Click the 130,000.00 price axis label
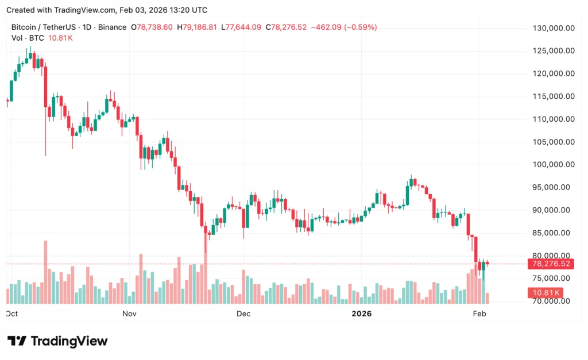tap(554, 28)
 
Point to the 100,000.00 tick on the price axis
tap(554, 165)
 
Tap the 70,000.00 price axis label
tap(554, 301)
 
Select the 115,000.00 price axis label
tap(554, 96)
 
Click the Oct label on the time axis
tap(11, 313)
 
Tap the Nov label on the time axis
tap(129, 313)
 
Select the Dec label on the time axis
tap(243, 313)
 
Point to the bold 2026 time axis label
tap(362, 313)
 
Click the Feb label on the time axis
tap(479, 313)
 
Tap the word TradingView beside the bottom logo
tap(69, 341)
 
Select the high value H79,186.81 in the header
tap(197, 27)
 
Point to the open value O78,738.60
tap(152, 27)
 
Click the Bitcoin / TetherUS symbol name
tap(41, 27)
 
